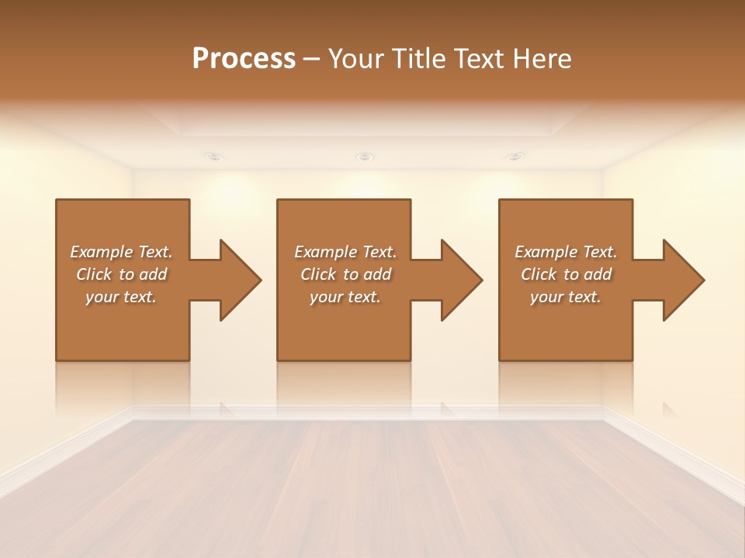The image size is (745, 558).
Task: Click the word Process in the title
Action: [244, 59]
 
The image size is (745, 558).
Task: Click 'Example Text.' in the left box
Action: [121, 252]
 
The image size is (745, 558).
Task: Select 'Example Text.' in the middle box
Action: [345, 252]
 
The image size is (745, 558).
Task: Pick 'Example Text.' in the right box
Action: [566, 252]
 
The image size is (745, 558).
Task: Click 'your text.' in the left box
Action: [121, 297]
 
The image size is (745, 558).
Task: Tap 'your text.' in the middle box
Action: [345, 297]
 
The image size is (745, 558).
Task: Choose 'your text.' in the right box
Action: [566, 297]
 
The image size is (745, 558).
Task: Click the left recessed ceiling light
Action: [215, 157]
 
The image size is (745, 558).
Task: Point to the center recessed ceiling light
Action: [365, 157]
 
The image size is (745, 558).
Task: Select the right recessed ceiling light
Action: [515, 157]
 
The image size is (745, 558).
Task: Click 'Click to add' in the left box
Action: [121, 274]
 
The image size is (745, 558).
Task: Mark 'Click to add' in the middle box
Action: [345, 274]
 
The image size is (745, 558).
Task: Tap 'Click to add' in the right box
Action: [566, 274]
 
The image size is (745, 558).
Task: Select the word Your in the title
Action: [355, 59]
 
